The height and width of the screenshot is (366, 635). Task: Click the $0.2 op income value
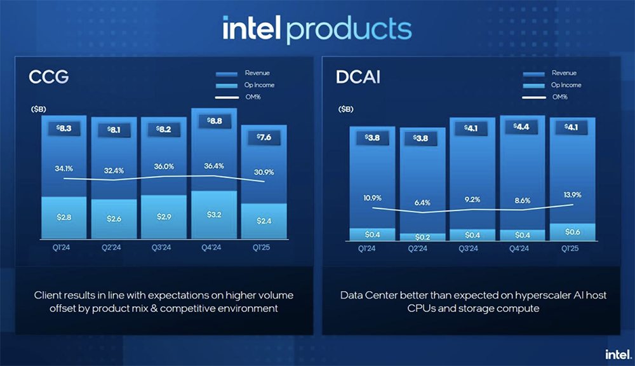coord(422,237)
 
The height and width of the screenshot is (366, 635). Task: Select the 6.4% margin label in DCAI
coord(422,203)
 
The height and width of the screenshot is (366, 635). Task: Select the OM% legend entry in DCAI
coord(559,97)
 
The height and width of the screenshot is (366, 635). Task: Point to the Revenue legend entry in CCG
coord(257,73)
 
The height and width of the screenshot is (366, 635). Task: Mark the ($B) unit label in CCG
coord(39,109)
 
